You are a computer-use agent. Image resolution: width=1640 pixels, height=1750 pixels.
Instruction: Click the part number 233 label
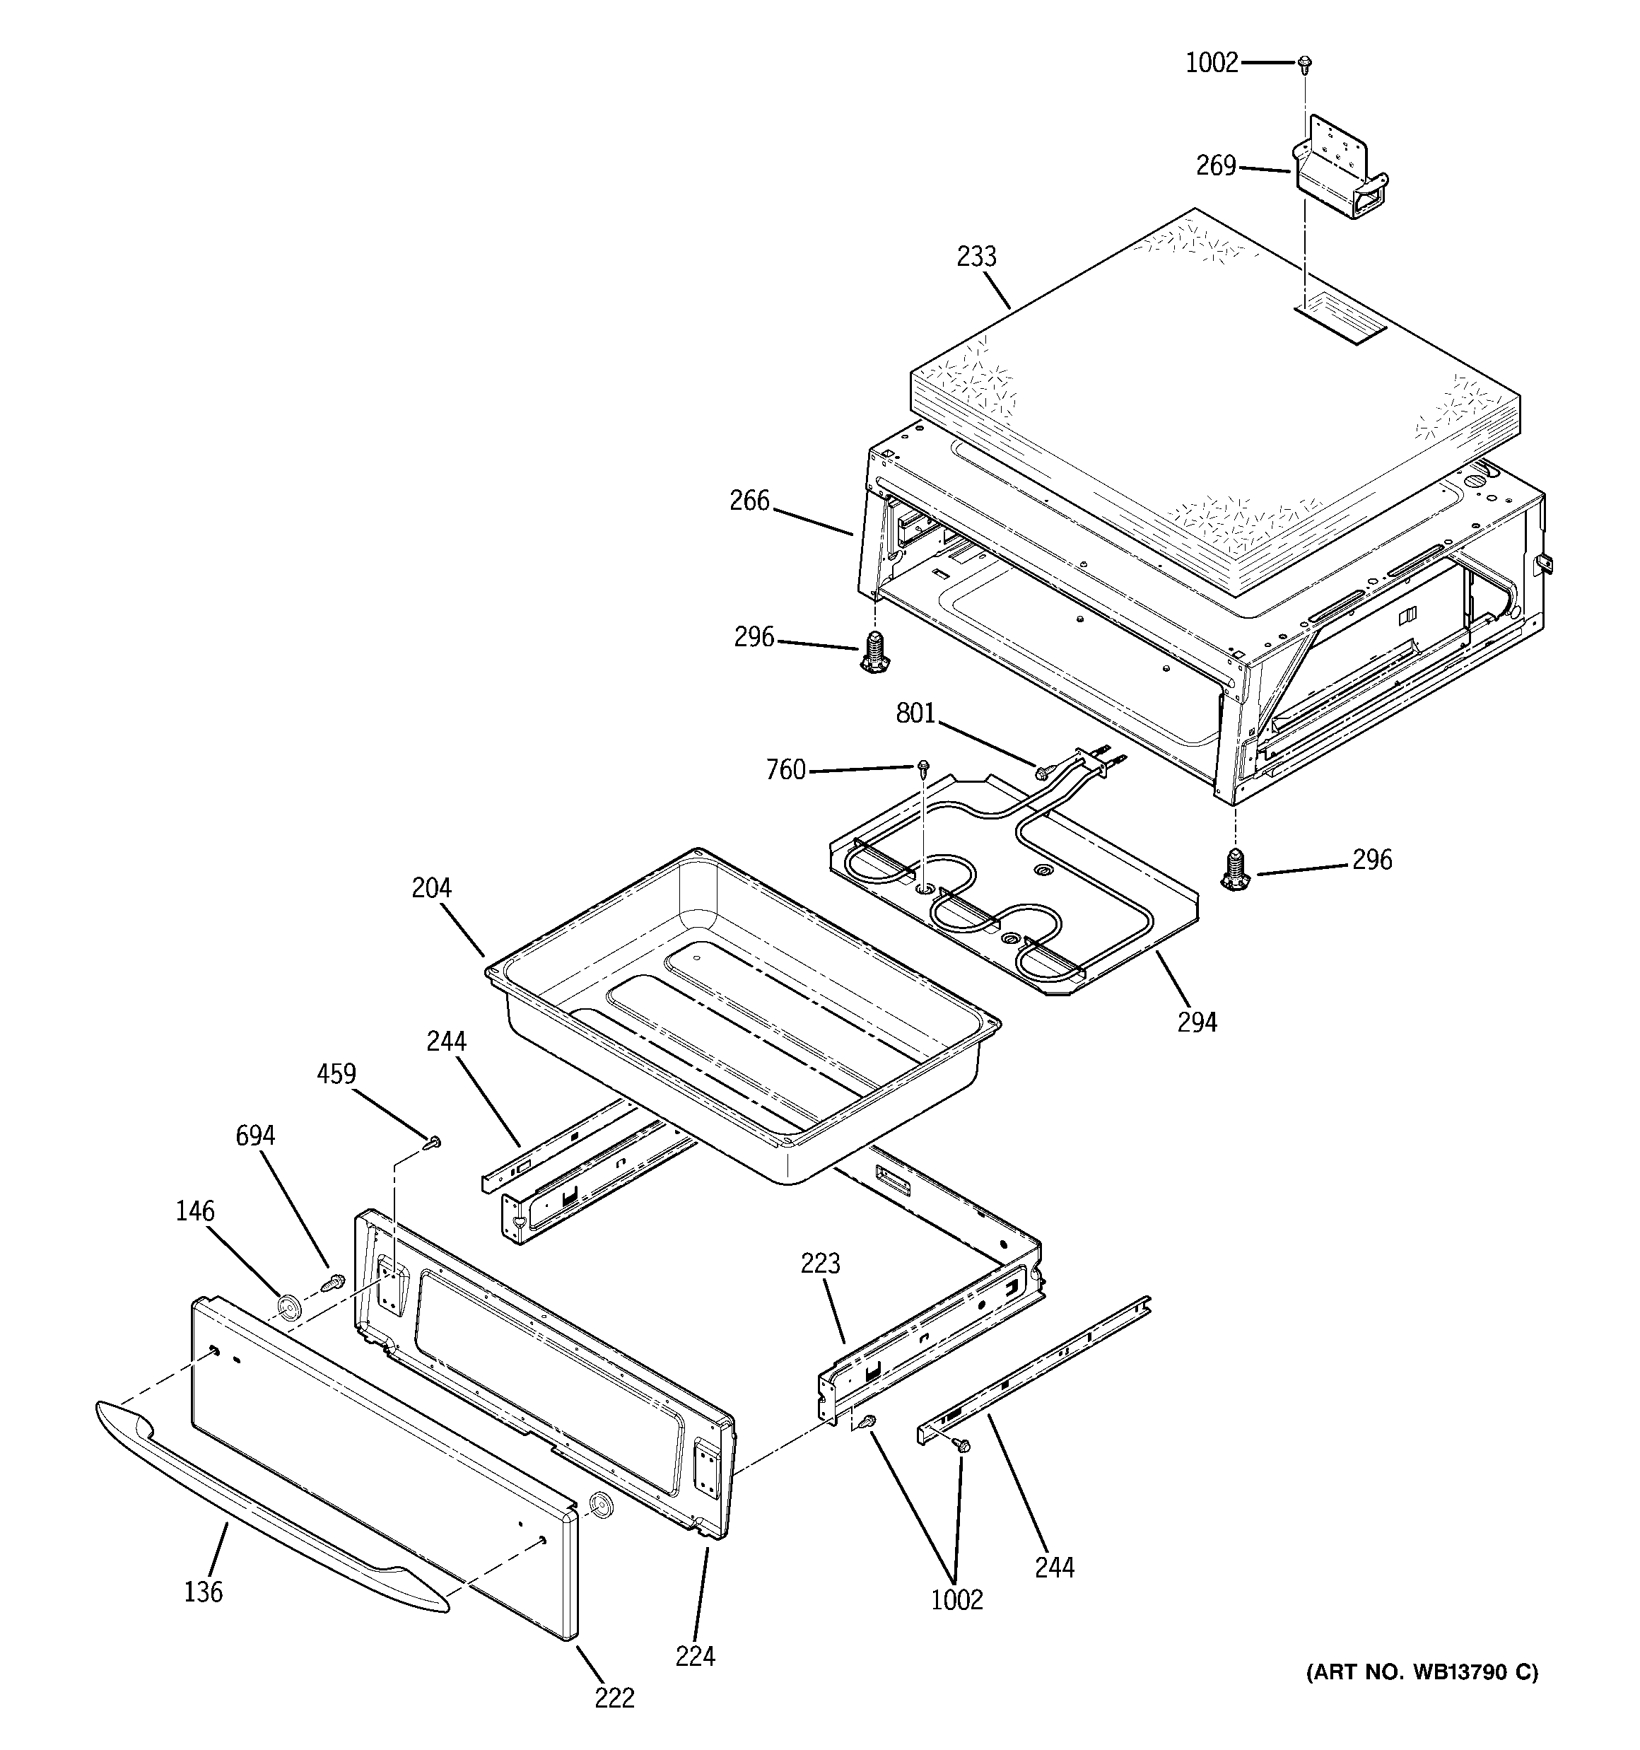click(x=976, y=257)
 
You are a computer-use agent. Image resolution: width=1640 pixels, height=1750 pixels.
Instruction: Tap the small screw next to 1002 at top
click(x=1305, y=62)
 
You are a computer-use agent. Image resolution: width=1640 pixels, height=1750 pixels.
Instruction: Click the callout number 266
click(x=749, y=501)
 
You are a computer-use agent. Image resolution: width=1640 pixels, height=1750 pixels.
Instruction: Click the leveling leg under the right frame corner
click(x=1237, y=870)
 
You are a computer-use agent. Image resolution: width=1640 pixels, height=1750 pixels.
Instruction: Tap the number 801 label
click(x=915, y=713)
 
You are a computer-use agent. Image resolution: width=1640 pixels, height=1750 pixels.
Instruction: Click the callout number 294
click(x=1197, y=1022)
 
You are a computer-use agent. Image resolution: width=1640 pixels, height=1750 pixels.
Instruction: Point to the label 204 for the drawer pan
click(x=431, y=888)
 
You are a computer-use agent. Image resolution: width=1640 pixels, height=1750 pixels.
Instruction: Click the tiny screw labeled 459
click(x=433, y=1143)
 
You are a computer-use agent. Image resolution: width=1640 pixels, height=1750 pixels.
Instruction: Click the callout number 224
click(x=695, y=1657)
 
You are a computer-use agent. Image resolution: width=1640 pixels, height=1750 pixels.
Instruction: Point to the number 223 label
click(x=821, y=1264)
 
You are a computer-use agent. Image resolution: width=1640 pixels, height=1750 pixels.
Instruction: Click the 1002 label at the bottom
click(x=957, y=1599)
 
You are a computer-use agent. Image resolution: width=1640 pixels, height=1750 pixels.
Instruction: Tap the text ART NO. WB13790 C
click(x=1421, y=1672)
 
